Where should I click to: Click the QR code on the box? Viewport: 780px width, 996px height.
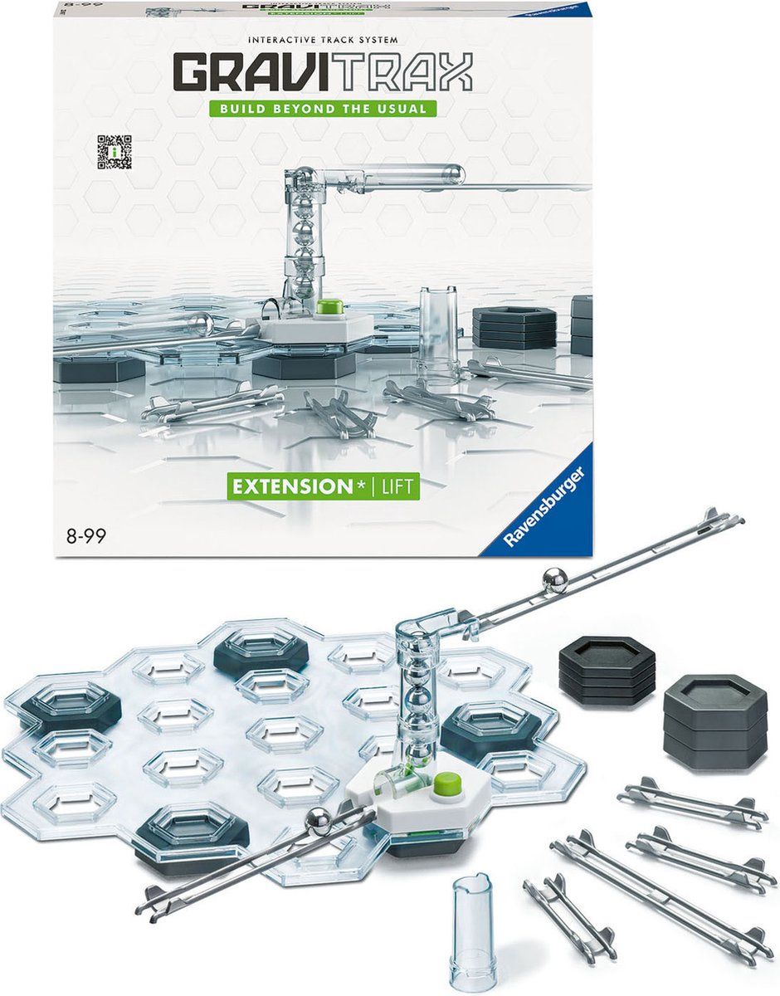pyautogui.click(x=115, y=152)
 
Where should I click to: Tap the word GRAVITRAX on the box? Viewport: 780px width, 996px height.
pyautogui.click(x=323, y=72)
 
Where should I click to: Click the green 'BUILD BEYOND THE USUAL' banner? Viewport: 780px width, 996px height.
pyautogui.click(x=323, y=109)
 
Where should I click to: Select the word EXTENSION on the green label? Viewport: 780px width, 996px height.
pyautogui.click(x=293, y=486)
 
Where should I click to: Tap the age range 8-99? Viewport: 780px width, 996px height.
pyautogui.click(x=86, y=536)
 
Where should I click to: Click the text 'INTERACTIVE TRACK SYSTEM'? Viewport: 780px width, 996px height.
pyautogui.click(x=323, y=40)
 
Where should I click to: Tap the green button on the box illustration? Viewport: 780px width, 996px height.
pyautogui.click(x=329, y=306)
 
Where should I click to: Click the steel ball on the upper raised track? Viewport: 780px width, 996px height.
pyautogui.click(x=553, y=580)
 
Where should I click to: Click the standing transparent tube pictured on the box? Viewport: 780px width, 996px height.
pyautogui.click(x=439, y=331)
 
